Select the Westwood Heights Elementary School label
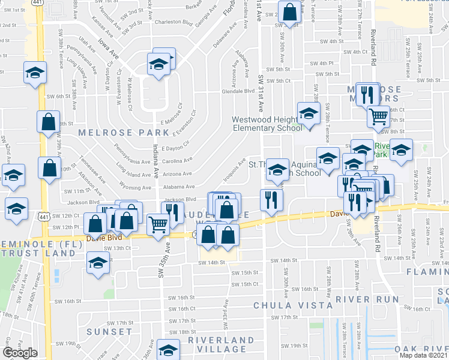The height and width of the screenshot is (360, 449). (x=267, y=124)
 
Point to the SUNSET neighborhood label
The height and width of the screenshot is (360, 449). (x=109, y=331)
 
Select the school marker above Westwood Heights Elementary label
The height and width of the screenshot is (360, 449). (x=310, y=113)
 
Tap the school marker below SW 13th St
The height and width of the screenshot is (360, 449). (x=98, y=262)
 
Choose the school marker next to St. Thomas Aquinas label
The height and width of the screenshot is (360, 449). (x=277, y=169)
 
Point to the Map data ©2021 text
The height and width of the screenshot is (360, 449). (x=424, y=355)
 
